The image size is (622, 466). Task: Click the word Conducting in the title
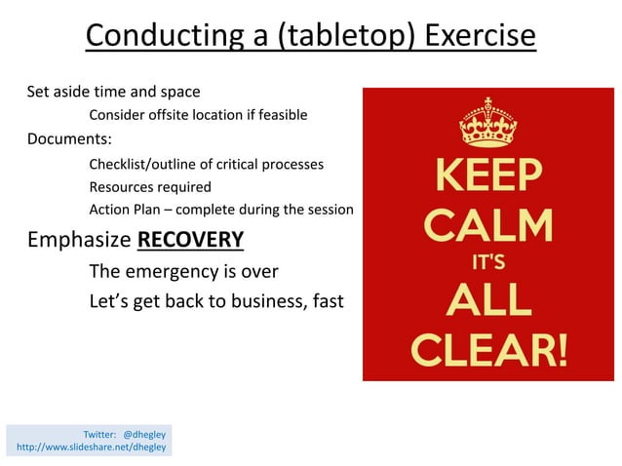pyautogui.click(x=163, y=36)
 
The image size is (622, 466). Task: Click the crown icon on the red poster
pyautogui.click(x=487, y=122)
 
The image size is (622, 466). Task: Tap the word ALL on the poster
pyautogui.click(x=487, y=301)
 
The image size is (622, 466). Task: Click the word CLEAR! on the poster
pyautogui.click(x=487, y=348)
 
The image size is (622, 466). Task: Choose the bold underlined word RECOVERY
pyautogui.click(x=190, y=240)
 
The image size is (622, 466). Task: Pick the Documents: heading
pyautogui.click(x=69, y=137)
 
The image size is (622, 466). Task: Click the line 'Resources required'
pyautogui.click(x=150, y=186)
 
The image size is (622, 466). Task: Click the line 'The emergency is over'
pyautogui.click(x=183, y=271)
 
